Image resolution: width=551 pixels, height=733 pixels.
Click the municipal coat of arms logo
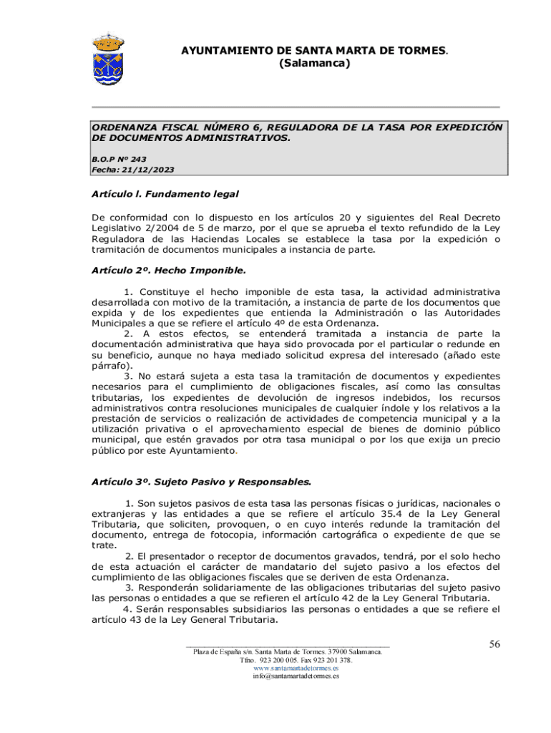point(109,58)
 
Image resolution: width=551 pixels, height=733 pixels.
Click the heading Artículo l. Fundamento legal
point(165,194)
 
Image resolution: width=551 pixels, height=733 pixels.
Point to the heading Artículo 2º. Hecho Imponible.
point(168,271)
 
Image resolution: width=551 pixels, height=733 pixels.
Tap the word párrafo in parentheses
point(109,364)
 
